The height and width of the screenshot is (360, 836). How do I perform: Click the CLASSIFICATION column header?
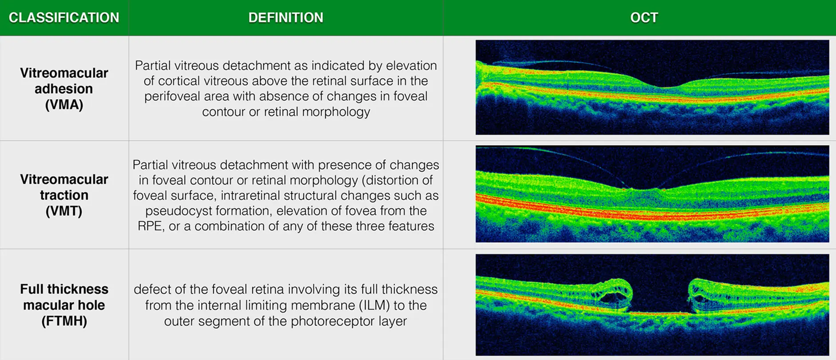(64, 18)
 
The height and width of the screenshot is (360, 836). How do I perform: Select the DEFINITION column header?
(286, 18)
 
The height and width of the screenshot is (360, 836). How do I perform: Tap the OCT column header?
(644, 18)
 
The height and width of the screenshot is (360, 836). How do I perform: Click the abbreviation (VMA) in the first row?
(64, 105)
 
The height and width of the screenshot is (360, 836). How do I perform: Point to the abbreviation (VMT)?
(64, 211)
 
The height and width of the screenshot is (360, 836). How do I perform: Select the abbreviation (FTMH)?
(64, 321)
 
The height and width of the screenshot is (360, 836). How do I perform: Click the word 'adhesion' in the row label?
(64, 89)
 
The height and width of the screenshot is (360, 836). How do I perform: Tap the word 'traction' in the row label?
(64, 195)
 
